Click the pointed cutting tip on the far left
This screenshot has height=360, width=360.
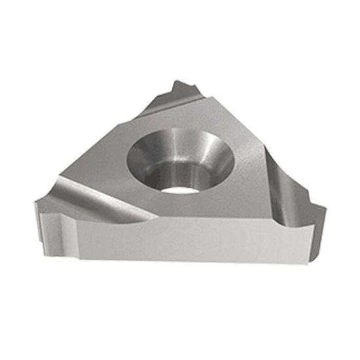click(x=40, y=204)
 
